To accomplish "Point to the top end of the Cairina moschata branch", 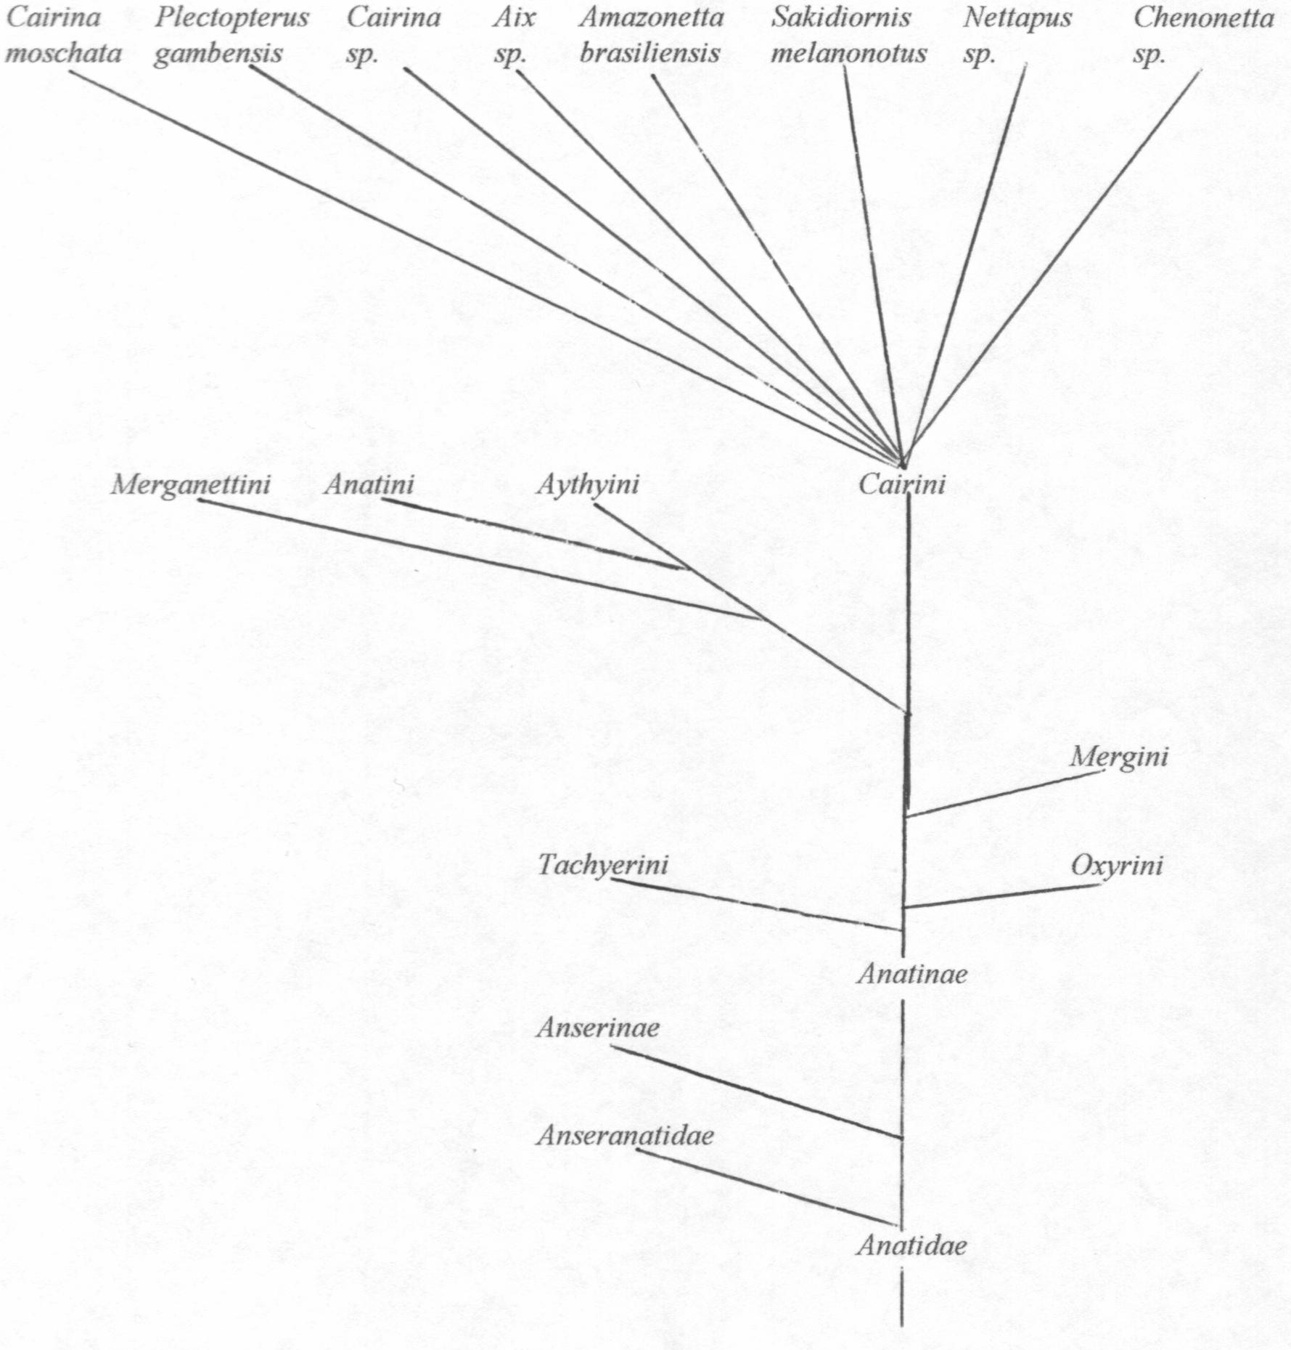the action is click(70, 71).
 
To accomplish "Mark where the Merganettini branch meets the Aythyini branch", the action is click(763, 619).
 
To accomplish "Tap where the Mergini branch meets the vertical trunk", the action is click(906, 816).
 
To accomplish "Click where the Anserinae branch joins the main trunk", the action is click(902, 1137).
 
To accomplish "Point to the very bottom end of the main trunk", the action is click(901, 1325).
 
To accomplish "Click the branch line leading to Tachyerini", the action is click(756, 904).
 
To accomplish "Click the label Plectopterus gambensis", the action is click(231, 36).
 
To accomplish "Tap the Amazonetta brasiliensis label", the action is click(651, 36).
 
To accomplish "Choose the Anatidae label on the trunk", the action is click(912, 1246).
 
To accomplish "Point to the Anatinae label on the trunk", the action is click(912, 974).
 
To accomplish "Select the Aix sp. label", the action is click(515, 36).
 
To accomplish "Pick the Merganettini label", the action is click(191, 484).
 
